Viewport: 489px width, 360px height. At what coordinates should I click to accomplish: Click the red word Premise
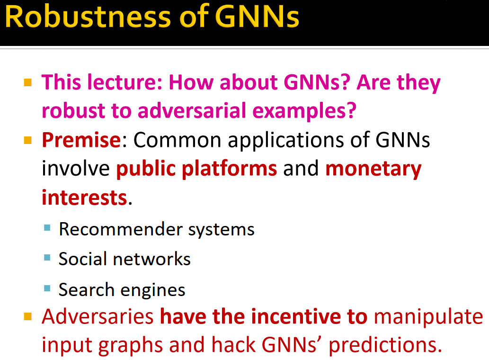pyautogui.click(x=81, y=140)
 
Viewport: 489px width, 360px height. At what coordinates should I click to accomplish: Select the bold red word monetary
pyautogui.click(x=373, y=169)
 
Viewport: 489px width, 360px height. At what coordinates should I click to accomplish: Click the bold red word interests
pyautogui.click(x=84, y=197)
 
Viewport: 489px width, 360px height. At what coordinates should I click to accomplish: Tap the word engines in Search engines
pyautogui.click(x=157, y=290)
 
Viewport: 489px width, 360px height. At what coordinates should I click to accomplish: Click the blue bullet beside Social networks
pyautogui.click(x=47, y=258)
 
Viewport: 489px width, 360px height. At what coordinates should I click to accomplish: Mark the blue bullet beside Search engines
pyautogui.click(x=47, y=288)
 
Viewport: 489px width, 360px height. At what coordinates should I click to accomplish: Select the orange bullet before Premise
pyautogui.click(x=28, y=140)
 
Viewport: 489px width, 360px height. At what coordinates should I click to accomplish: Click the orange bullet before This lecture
pyautogui.click(x=28, y=82)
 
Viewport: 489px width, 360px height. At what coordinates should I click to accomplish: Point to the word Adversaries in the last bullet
pyautogui.click(x=98, y=316)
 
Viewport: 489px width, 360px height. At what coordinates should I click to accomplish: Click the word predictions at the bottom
pyautogui.click(x=382, y=345)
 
